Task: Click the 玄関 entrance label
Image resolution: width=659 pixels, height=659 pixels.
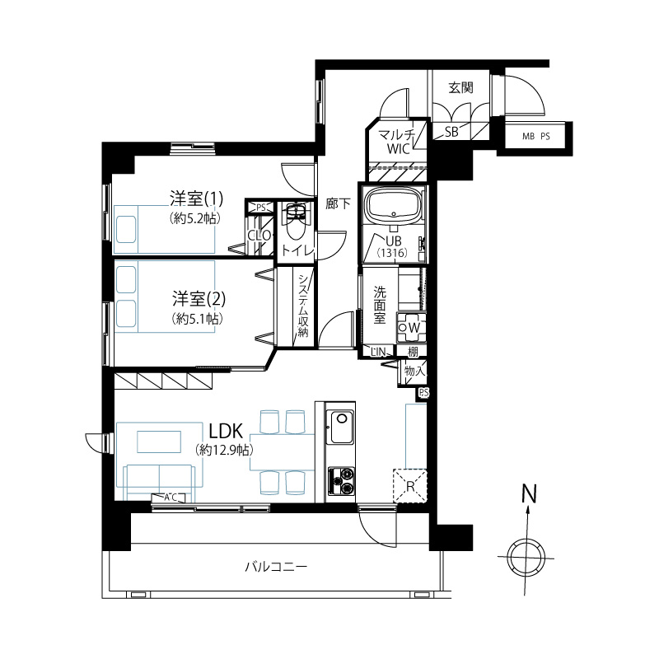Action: [x=460, y=87]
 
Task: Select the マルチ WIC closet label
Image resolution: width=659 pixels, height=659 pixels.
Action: [x=397, y=142]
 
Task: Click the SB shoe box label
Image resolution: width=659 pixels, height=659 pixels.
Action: [x=451, y=132]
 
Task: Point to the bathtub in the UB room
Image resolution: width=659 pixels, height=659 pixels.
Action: [x=394, y=206]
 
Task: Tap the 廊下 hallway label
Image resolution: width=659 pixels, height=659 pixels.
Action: [x=338, y=203]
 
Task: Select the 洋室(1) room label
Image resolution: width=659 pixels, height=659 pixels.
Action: [x=196, y=199]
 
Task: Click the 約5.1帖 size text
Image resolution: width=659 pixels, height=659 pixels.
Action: [x=197, y=319]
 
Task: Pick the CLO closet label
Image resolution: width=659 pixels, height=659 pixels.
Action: [x=259, y=236]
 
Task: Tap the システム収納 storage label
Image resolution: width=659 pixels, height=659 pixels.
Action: [x=303, y=306]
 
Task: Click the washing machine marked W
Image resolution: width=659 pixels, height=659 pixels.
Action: [x=411, y=327]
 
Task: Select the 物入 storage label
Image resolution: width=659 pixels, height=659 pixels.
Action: [x=414, y=371]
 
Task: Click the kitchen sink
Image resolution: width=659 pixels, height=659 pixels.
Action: [x=341, y=427]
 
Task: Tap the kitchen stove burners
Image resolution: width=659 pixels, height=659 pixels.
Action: [x=341, y=481]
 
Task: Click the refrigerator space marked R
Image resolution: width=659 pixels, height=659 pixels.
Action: [x=410, y=486]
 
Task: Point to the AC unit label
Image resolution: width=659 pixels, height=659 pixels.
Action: [x=171, y=498]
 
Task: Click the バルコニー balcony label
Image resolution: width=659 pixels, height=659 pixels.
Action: [x=276, y=567]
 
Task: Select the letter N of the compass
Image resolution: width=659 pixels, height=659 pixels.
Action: [x=529, y=494]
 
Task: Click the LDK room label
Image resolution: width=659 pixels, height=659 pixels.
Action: [x=226, y=431]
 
